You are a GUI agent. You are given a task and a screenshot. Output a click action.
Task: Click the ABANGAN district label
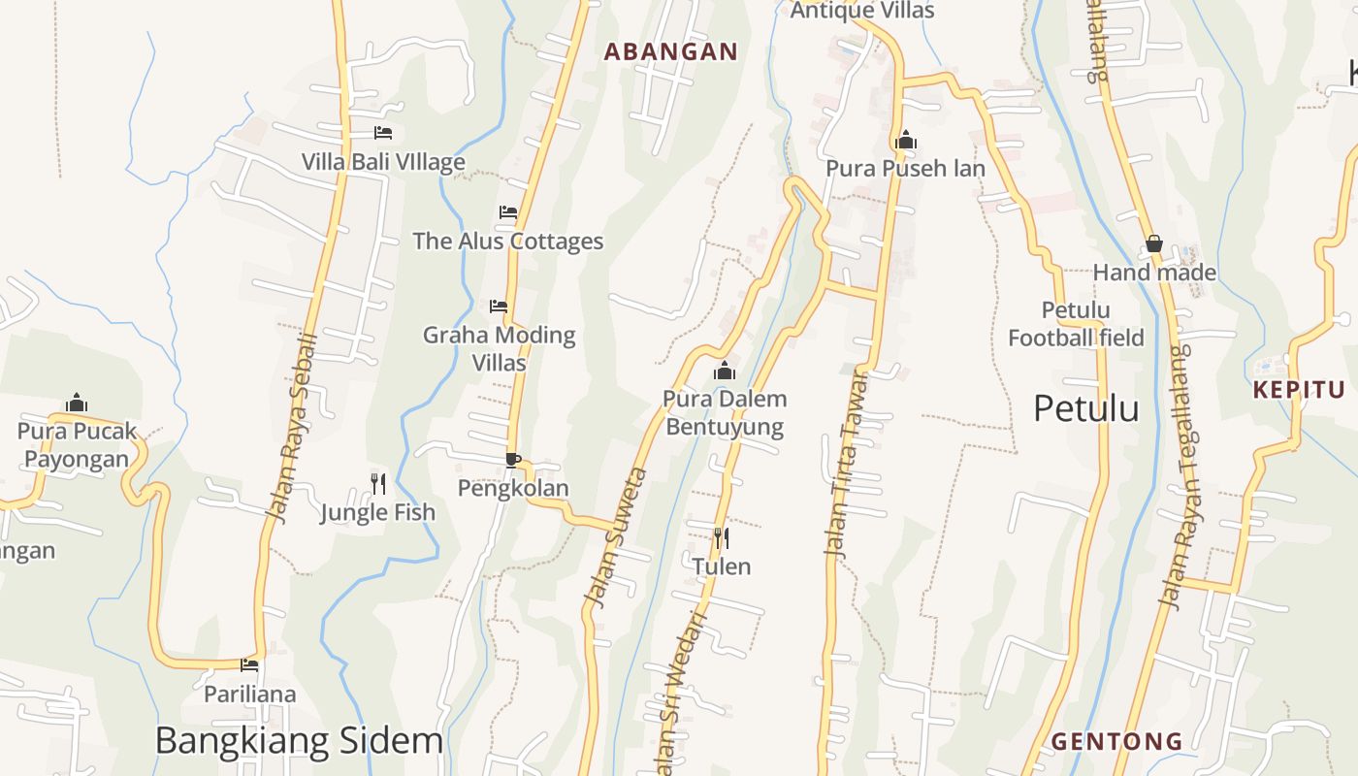(670, 51)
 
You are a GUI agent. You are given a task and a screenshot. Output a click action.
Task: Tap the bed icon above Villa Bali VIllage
(383, 132)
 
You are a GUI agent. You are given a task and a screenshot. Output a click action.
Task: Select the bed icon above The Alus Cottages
(508, 211)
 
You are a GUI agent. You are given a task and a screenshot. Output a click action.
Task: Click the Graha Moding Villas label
(500, 348)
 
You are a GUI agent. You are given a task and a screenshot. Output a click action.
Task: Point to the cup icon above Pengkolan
(513, 459)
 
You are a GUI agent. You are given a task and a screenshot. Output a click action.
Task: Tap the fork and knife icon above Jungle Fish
(378, 482)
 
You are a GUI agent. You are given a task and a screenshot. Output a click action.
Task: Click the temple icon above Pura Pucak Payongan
(77, 403)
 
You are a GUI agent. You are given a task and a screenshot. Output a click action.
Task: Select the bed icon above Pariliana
(250, 664)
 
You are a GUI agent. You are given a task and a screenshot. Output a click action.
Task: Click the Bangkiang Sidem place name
(299, 740)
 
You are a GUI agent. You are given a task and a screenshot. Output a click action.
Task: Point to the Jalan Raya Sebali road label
(293, 428)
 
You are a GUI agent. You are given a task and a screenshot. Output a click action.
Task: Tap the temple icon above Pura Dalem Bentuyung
(725, 371)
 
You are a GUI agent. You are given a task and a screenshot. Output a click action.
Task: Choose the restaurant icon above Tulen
(721, 537)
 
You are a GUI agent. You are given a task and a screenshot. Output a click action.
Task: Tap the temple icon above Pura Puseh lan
(906, 140)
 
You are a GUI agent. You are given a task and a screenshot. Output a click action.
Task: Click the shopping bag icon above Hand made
(1154, 243)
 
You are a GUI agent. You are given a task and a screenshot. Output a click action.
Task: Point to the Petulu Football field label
(1076, 324)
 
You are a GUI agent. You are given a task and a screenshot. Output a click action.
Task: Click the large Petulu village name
(1085, 408)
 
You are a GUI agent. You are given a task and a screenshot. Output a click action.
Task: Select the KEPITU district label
(1299, 390)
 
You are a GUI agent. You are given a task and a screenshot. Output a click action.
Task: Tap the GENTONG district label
(1116, 742)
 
